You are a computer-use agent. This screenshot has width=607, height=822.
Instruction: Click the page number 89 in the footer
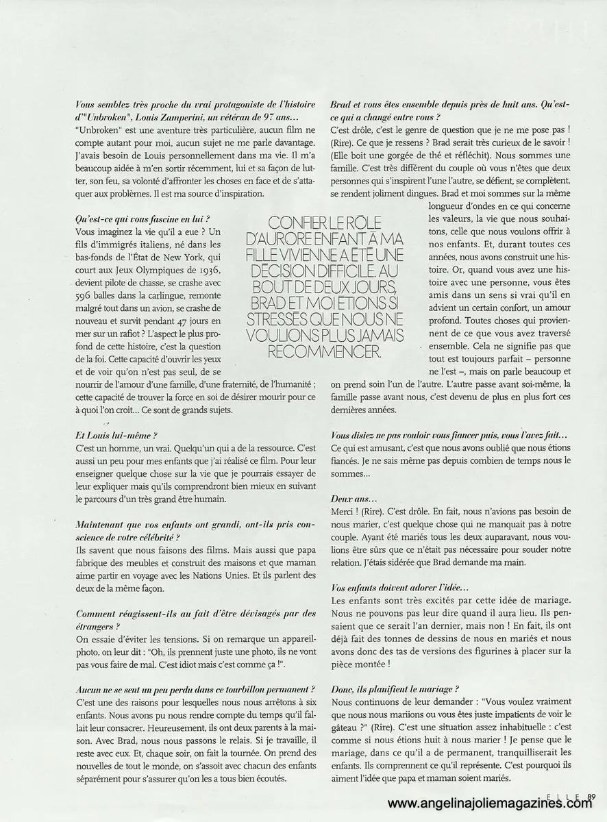click(x=593, y=796)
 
